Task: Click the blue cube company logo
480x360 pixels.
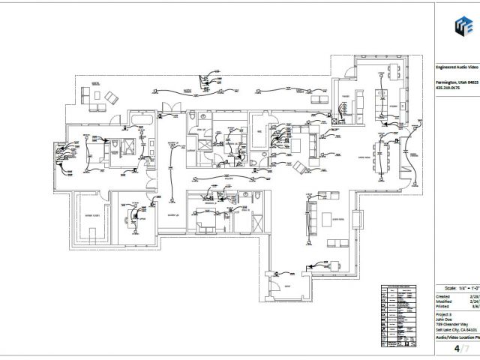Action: (457, 28)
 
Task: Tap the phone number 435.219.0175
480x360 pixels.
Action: (449, 89)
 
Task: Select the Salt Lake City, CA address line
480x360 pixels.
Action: (456, 330)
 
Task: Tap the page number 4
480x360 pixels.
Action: (455, 349)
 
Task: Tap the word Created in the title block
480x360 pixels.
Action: (444, 295)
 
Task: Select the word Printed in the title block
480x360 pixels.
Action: (443, 306)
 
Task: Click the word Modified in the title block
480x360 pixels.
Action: (444, 301)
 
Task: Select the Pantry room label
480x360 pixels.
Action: (347, 98)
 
